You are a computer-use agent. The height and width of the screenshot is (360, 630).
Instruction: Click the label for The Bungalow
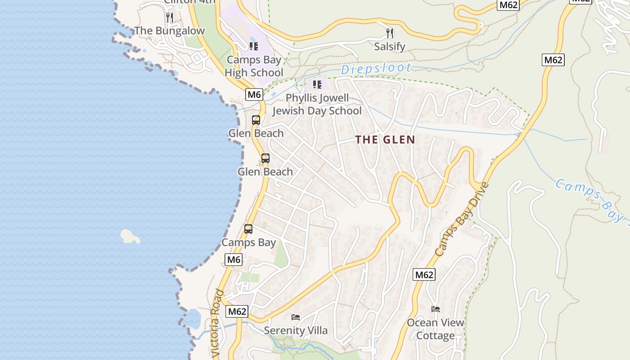(170, 31)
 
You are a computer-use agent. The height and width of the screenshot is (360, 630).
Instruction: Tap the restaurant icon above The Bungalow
(170, 18)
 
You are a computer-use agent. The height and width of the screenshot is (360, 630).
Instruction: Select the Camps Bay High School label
(254, 66)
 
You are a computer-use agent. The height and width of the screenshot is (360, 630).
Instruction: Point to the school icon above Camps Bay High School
(254, 46)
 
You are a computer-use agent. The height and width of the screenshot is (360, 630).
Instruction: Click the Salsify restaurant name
(390, 46)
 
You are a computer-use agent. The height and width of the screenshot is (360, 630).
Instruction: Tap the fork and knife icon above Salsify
(390, 33)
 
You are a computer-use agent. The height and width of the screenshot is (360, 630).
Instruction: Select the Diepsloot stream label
(376, 69)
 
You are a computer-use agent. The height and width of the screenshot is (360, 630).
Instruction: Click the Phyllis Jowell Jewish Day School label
(317, 104)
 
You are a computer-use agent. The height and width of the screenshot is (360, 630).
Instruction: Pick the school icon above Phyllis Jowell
(317, 84)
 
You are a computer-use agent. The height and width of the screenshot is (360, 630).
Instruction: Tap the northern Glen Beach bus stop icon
(256, 120)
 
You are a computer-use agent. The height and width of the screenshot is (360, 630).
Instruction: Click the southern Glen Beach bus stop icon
(265, 158)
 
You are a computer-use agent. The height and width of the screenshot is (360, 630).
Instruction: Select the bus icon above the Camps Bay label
(248, 229)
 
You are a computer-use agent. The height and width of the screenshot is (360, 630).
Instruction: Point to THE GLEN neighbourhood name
(385, 139)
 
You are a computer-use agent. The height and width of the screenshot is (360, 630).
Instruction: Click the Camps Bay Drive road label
(462, 219)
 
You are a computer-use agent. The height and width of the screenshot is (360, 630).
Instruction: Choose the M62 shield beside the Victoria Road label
(237, 311)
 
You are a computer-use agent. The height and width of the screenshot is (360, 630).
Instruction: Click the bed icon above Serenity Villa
(296, 317)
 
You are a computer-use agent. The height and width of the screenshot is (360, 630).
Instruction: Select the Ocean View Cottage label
(435, 329)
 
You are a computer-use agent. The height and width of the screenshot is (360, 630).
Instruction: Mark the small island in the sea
(130, 236)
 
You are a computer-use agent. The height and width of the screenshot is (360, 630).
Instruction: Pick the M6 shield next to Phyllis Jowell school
(254, 94)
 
